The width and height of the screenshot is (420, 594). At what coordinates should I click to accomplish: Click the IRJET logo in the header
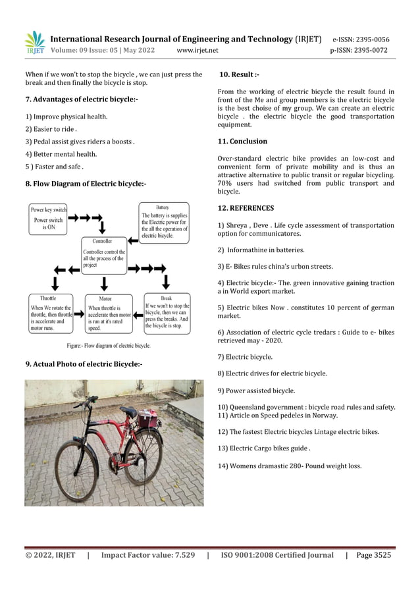tap(34, 43)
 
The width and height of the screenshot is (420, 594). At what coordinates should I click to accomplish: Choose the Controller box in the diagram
tap(104, 256)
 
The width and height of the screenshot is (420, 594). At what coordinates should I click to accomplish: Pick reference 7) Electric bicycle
tap(245, 356)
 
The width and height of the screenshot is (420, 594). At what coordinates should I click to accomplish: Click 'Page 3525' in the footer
tap(373, 555)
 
